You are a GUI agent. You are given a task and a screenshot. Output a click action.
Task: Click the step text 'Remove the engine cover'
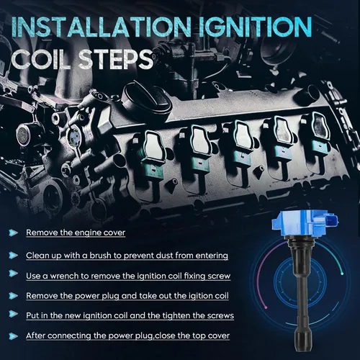pos(76,233)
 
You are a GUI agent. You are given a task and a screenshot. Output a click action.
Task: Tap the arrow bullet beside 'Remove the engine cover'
pos(14,233)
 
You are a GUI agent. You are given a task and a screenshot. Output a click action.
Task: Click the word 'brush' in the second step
pos(101,256)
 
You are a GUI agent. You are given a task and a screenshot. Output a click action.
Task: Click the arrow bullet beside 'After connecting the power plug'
pos(14,336)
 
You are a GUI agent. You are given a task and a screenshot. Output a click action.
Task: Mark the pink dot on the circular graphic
pos(266,307)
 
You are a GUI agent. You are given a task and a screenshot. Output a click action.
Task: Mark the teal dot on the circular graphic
pos(342,274)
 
